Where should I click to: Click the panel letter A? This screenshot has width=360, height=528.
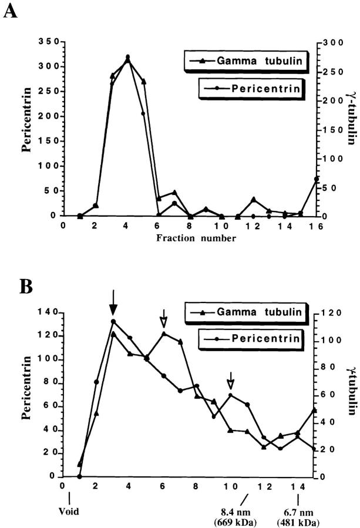click(10, 11)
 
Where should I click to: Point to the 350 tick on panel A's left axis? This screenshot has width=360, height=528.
click(48, 42)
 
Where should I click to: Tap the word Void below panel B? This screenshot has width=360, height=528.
click(69, 511)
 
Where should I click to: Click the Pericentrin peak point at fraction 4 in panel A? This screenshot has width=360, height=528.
click(127, 58)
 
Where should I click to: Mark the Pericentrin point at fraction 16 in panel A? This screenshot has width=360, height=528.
click(317, 179)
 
